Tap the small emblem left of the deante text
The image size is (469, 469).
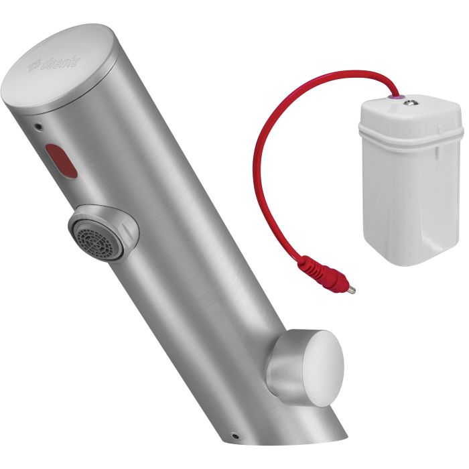[x=34, y=68]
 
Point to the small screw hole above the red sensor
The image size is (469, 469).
[x=39, y=125]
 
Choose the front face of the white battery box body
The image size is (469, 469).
[x=402, y=201]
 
